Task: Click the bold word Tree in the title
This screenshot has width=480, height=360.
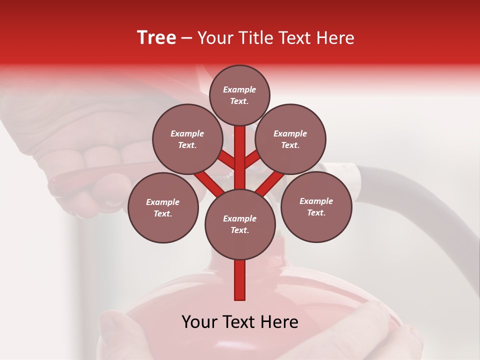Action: coord(156,38)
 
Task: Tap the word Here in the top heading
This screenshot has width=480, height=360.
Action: coord(337,38)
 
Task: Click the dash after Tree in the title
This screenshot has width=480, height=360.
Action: coord(186,38)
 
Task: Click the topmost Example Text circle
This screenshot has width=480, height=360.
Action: coord(239,95)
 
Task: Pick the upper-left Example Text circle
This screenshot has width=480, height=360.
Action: coord(187,139)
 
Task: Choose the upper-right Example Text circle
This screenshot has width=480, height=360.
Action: coord(290,139)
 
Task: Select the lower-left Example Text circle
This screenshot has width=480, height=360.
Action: coord(163,207)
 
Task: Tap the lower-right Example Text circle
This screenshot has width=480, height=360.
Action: coord(316,206)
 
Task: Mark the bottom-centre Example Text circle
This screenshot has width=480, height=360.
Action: coord(240,224)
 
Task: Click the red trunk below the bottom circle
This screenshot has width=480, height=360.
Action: coord(240,280)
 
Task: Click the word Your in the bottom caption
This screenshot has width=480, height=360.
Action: coord(199,322)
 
